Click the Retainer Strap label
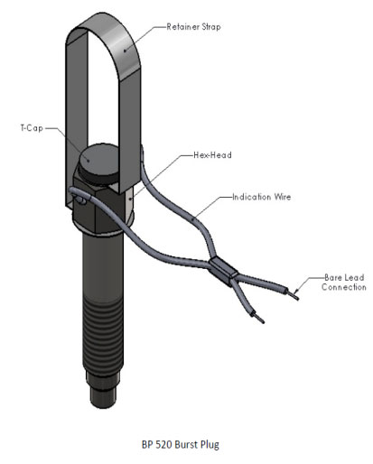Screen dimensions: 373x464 (x=193, y=27)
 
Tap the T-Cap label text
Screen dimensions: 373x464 (x=32, y=128)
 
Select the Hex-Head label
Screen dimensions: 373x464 (x=212, y=155)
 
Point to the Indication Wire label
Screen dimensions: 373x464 (x=262, y=197)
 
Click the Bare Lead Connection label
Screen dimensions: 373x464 (x=344, y=283)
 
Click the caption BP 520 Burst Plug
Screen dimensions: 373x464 (x=181, y=444)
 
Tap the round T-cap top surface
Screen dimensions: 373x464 (x=98, y=159)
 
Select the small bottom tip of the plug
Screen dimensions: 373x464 (x=103, y=396)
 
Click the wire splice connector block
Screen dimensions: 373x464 (x=223, y=271)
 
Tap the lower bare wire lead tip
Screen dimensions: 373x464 (x=260, y=320)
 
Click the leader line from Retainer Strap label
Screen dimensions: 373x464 (x=145, y=38)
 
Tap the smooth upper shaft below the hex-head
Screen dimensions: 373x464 (x=103, y=264)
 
